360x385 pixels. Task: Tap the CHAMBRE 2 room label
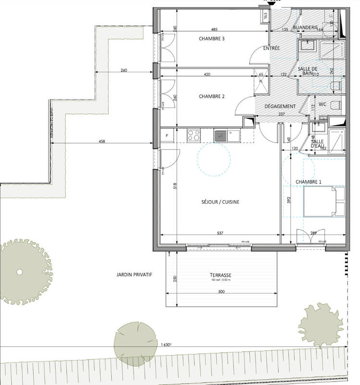(211, 97)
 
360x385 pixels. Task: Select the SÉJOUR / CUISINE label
(221, 202)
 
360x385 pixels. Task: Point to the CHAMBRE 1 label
(309, 181)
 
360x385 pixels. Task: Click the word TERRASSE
(221, 275)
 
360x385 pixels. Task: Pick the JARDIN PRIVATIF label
(134, 274)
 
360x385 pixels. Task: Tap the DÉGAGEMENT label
(280, 106)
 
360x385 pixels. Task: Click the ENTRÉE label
(272, 49)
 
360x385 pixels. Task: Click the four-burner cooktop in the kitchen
(194, 135)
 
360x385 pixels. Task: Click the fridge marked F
(167, 136)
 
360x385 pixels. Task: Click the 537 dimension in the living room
(220, 233)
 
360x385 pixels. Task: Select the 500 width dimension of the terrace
(221, 292)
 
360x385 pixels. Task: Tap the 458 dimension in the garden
(101, 141)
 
